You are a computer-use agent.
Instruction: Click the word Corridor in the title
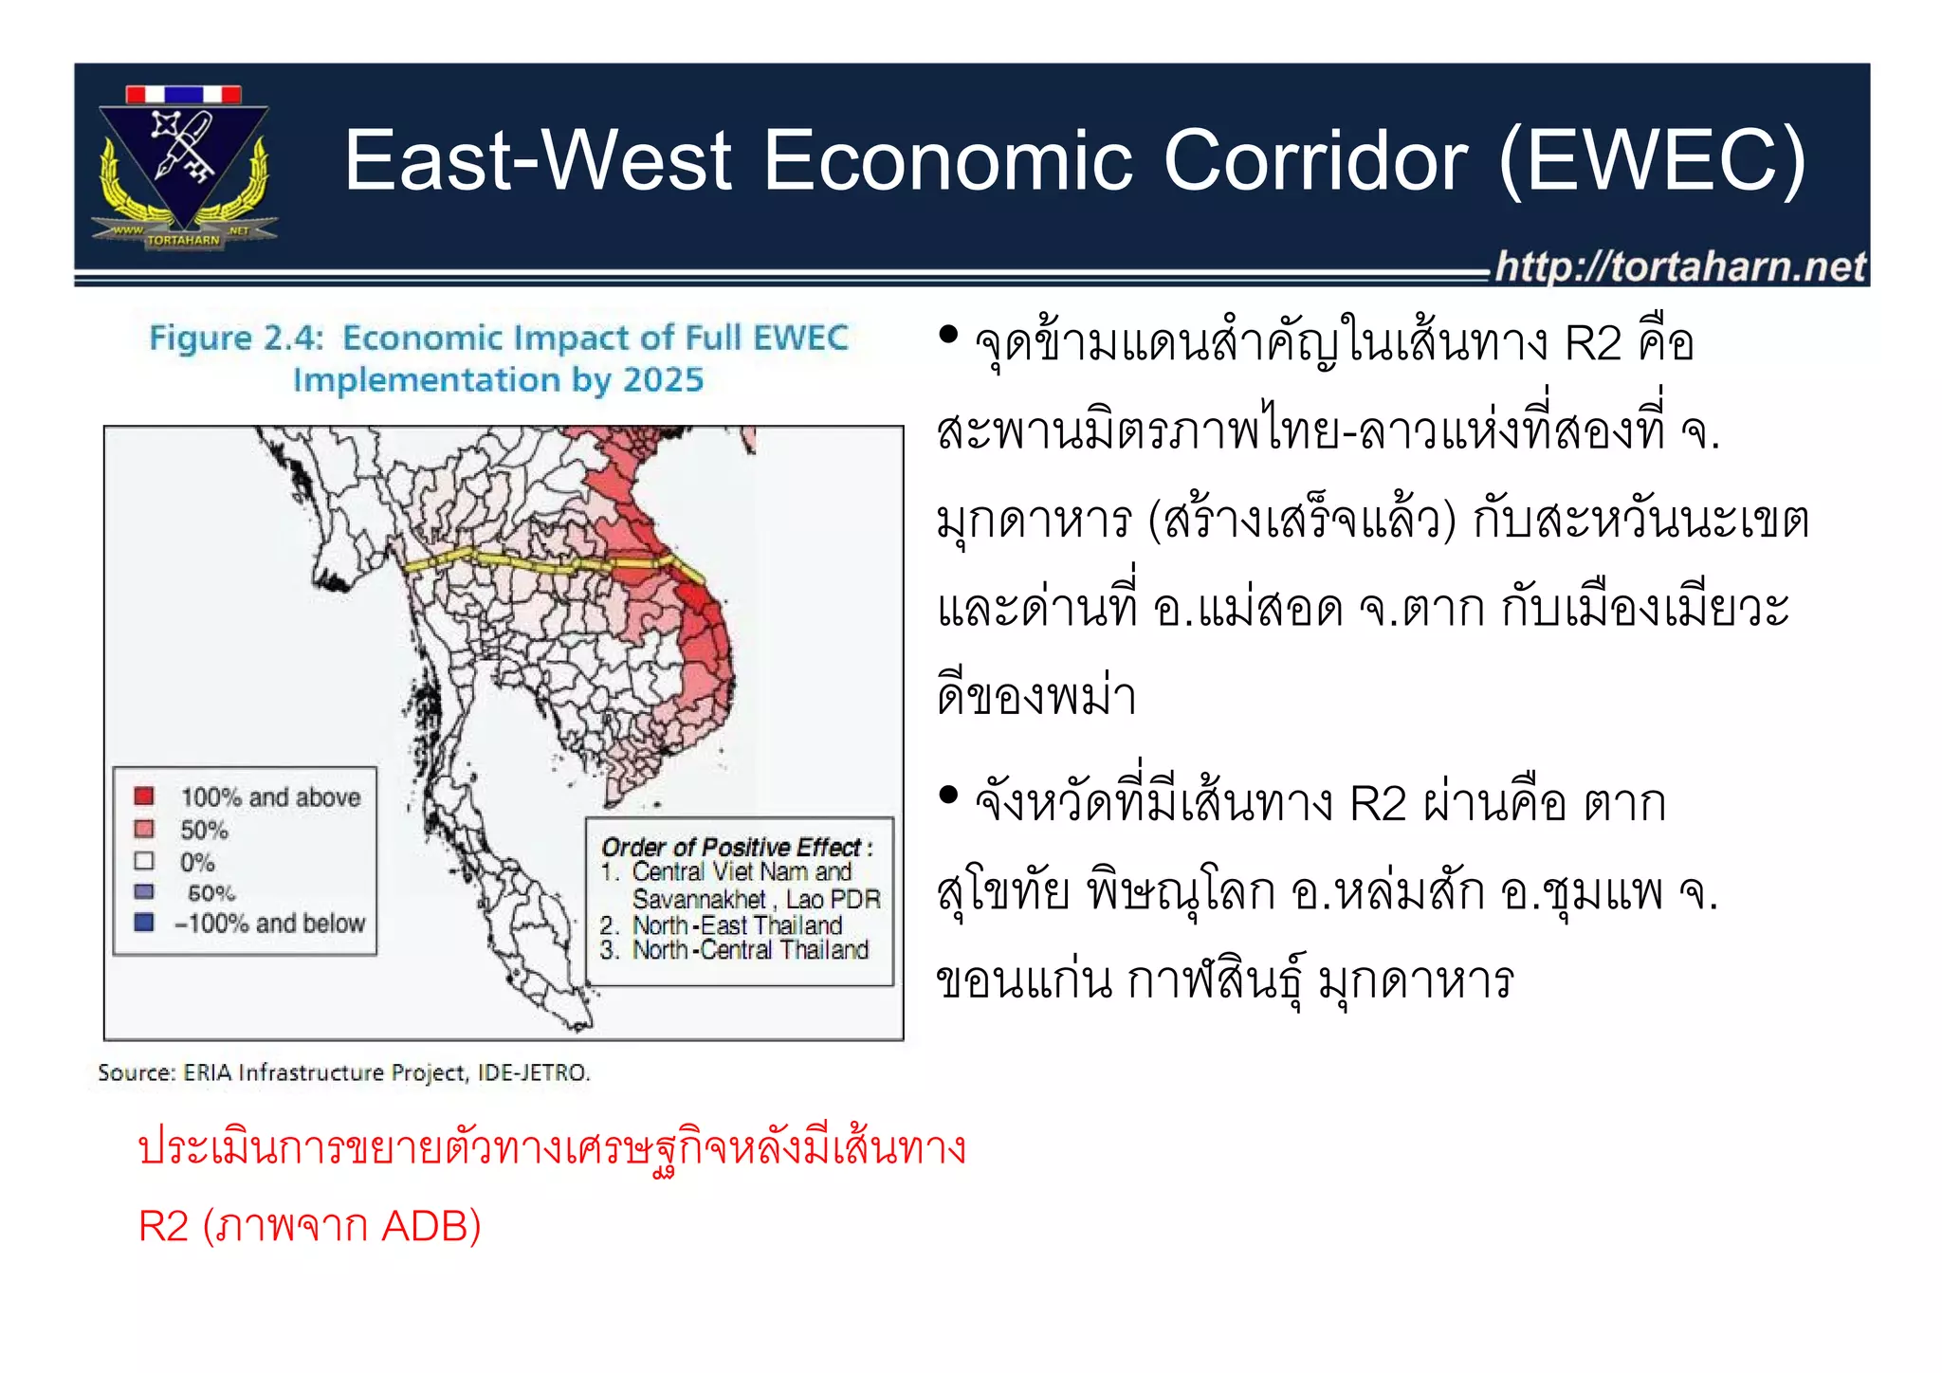[x=1315, y=160]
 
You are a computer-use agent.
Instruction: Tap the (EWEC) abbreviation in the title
[x=1652, y=160]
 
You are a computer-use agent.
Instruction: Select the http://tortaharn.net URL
[x=1679, y=266]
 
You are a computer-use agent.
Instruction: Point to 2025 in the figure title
[x=663, y=380]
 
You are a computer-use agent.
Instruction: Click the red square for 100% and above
[x=144, y=796]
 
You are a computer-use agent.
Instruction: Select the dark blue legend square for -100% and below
[x=144, y=922]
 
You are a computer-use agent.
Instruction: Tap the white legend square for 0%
[x=144, y=861]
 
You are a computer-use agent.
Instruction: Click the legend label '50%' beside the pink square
[x=204, y=830]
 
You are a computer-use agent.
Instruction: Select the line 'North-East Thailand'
[x=737, y=924]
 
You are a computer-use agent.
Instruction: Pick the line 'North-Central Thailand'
[x=750, y=949]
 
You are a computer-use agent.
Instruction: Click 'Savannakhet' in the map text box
[x=699, y=898]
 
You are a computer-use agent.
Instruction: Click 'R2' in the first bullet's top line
[x=1592, y=343]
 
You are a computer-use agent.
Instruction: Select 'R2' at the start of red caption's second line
[x=164, y=1226]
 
